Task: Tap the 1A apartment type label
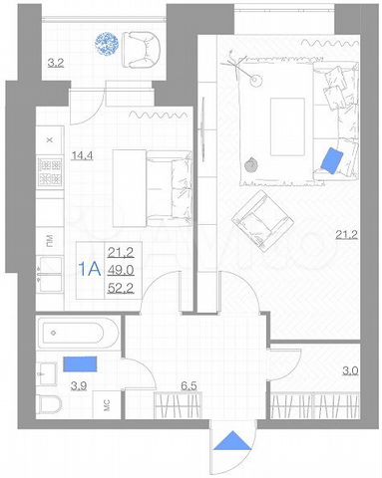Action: (89, 268)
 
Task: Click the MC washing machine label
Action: (107, 403)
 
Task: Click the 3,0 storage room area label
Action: (350, 370)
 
